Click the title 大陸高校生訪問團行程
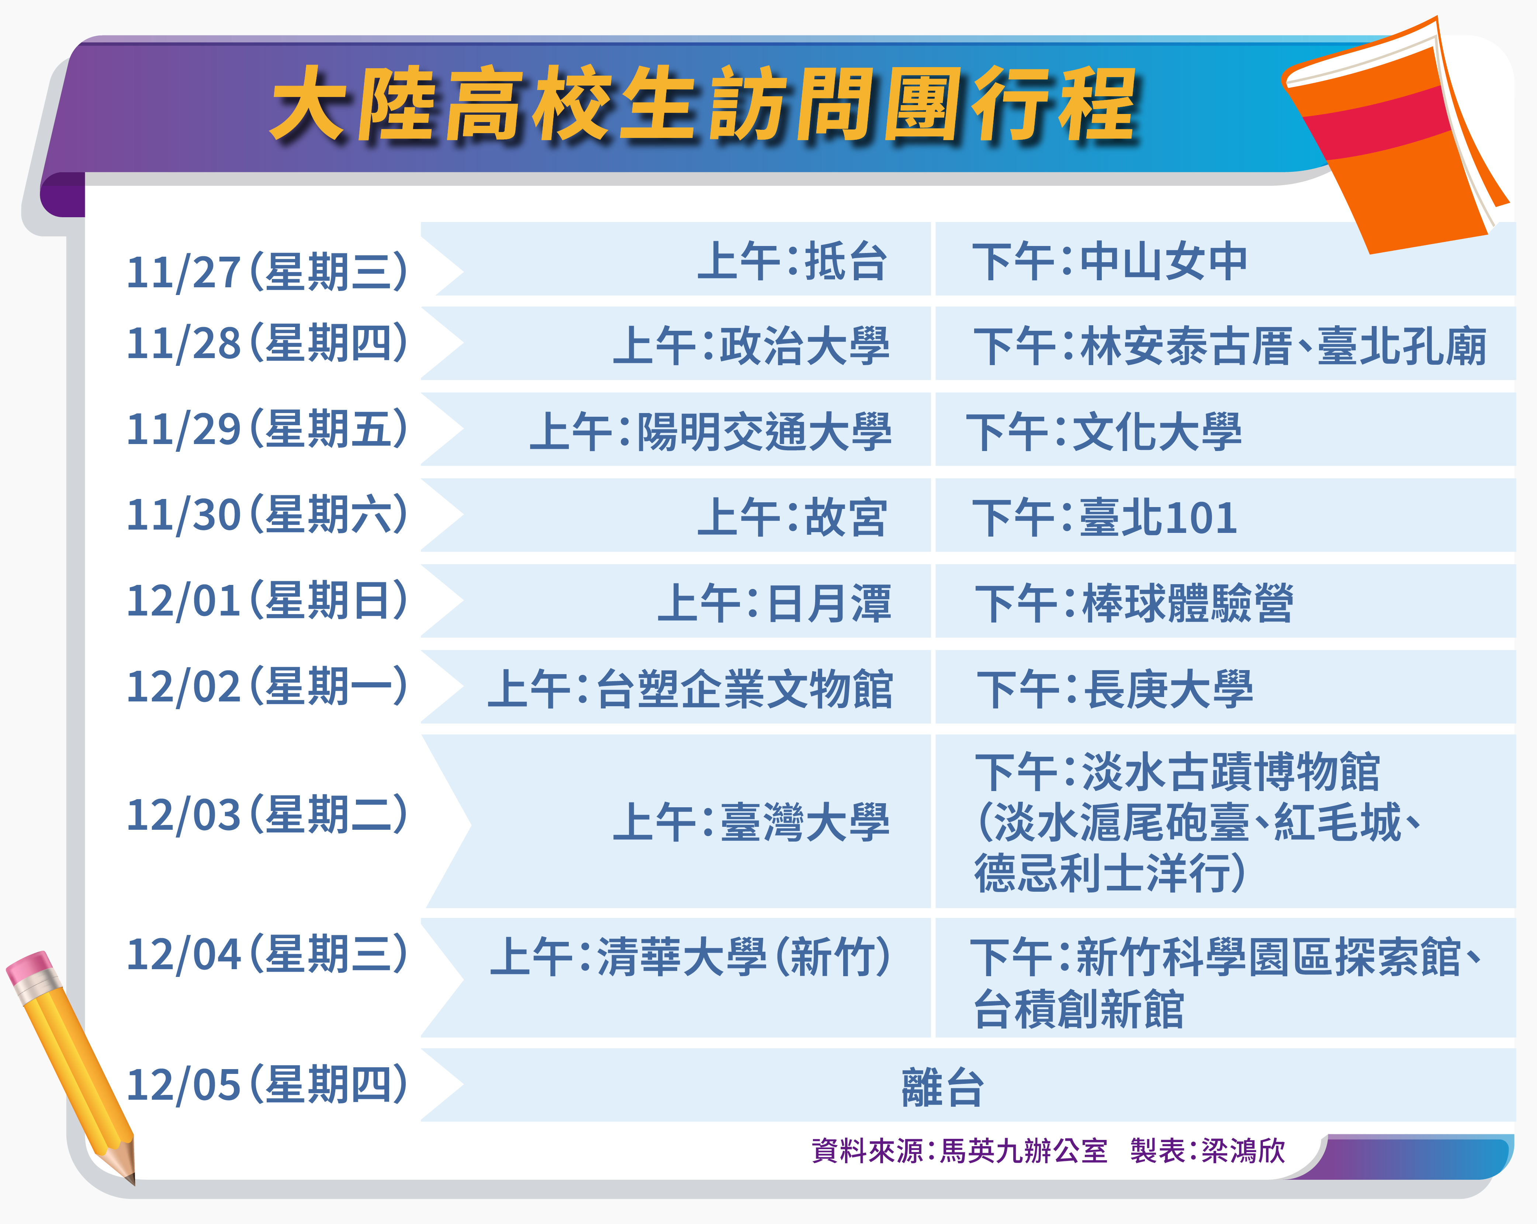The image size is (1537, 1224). [705, 104]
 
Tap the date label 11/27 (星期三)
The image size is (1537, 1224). [267, 271]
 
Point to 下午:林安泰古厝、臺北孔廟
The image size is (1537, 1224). [1230, 346]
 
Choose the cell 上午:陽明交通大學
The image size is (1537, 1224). [710, 431]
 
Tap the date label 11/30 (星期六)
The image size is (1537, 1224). [267, 514]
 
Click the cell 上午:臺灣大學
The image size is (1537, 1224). [751, 821]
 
